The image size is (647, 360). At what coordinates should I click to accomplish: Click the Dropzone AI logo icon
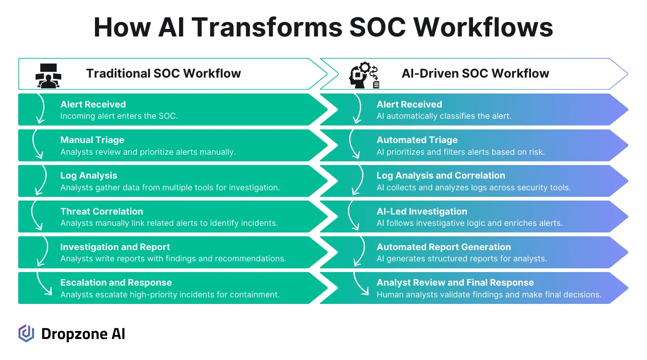pyautogui.click(x=26, y=333)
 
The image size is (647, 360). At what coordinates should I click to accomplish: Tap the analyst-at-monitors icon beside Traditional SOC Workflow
pyautogui.click(x=48, y=75)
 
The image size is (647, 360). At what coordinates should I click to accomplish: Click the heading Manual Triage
pyautogui.click(x=92, y=140)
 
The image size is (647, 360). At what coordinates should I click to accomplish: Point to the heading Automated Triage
pyautogui.click(x=417, y=140)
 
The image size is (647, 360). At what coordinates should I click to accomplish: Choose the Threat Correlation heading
pyautogui.click(x=102, y=211)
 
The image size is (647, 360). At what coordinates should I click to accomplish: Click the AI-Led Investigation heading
pyautogui.click(x=422, y=211)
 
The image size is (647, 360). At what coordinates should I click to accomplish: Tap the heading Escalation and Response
pyautogui.click(x=116, y=282)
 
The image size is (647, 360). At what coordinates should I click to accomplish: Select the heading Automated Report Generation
pyautogui.click(x=443, y=247)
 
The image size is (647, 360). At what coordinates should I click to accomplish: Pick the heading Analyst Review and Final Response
pyautogui.click(x=455, y=282)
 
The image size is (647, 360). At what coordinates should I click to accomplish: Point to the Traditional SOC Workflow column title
pyautogui.click(x=163, y=73)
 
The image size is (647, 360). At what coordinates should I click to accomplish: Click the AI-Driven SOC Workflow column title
pyautogui.click(x=475, y=73)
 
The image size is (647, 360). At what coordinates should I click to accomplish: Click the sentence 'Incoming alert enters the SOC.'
pyautogui.click(x=119, y=116)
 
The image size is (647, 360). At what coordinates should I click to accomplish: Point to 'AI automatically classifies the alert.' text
pyautogui.click(x=443, y=116)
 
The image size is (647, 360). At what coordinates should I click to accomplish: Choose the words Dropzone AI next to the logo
pyautogui.click(x=83, y=334)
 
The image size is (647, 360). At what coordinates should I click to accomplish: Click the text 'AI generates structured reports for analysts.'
pyautogui.click(x=461, y=259)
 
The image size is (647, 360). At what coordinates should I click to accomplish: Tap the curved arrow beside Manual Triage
pyautogui.click(x=36, y=144)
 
